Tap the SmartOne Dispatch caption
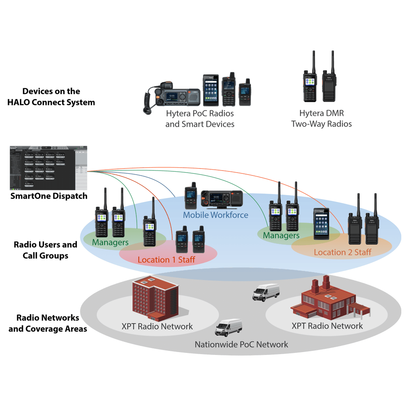click(x=48, y=196)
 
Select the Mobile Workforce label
click(x=215, y=215)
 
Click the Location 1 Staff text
click(x=166, y=259)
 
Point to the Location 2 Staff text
click(x=342, y=252)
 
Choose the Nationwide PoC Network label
click(x=241, y=345)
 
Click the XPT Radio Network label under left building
click(x=157, y=326)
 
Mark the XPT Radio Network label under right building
click(x=327, y=326)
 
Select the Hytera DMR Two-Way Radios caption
click(x=321, y=118)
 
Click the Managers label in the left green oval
click(x=110, y=243)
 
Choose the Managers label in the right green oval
click(x=281, y=236)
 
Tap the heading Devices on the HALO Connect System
click(x=51, y=97)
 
